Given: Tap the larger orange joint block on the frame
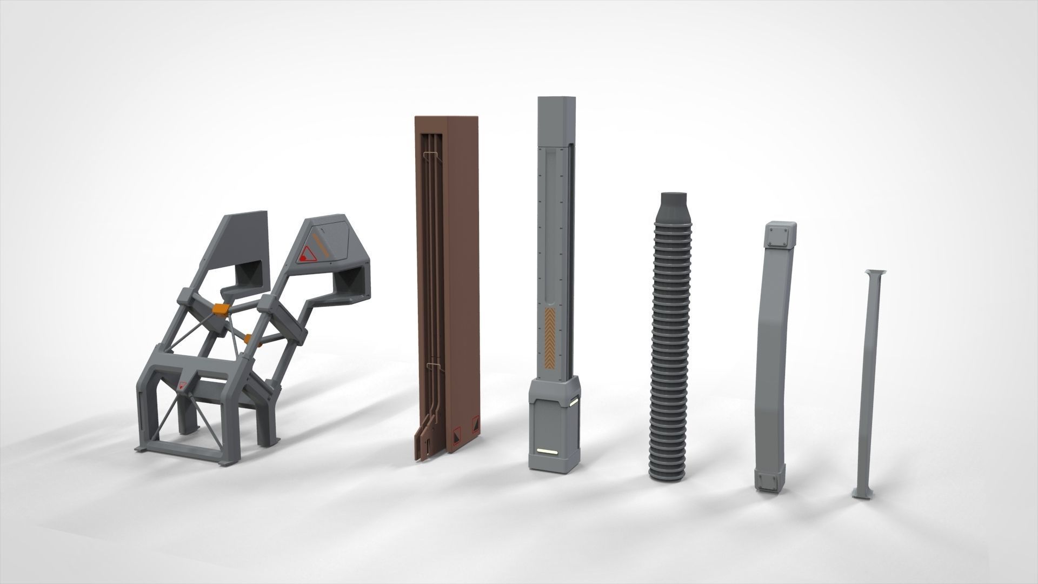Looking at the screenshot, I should pyautogui.click(x=222, y=309).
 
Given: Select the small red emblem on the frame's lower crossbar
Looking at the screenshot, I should pyautogui.click(x=182, y=386).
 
